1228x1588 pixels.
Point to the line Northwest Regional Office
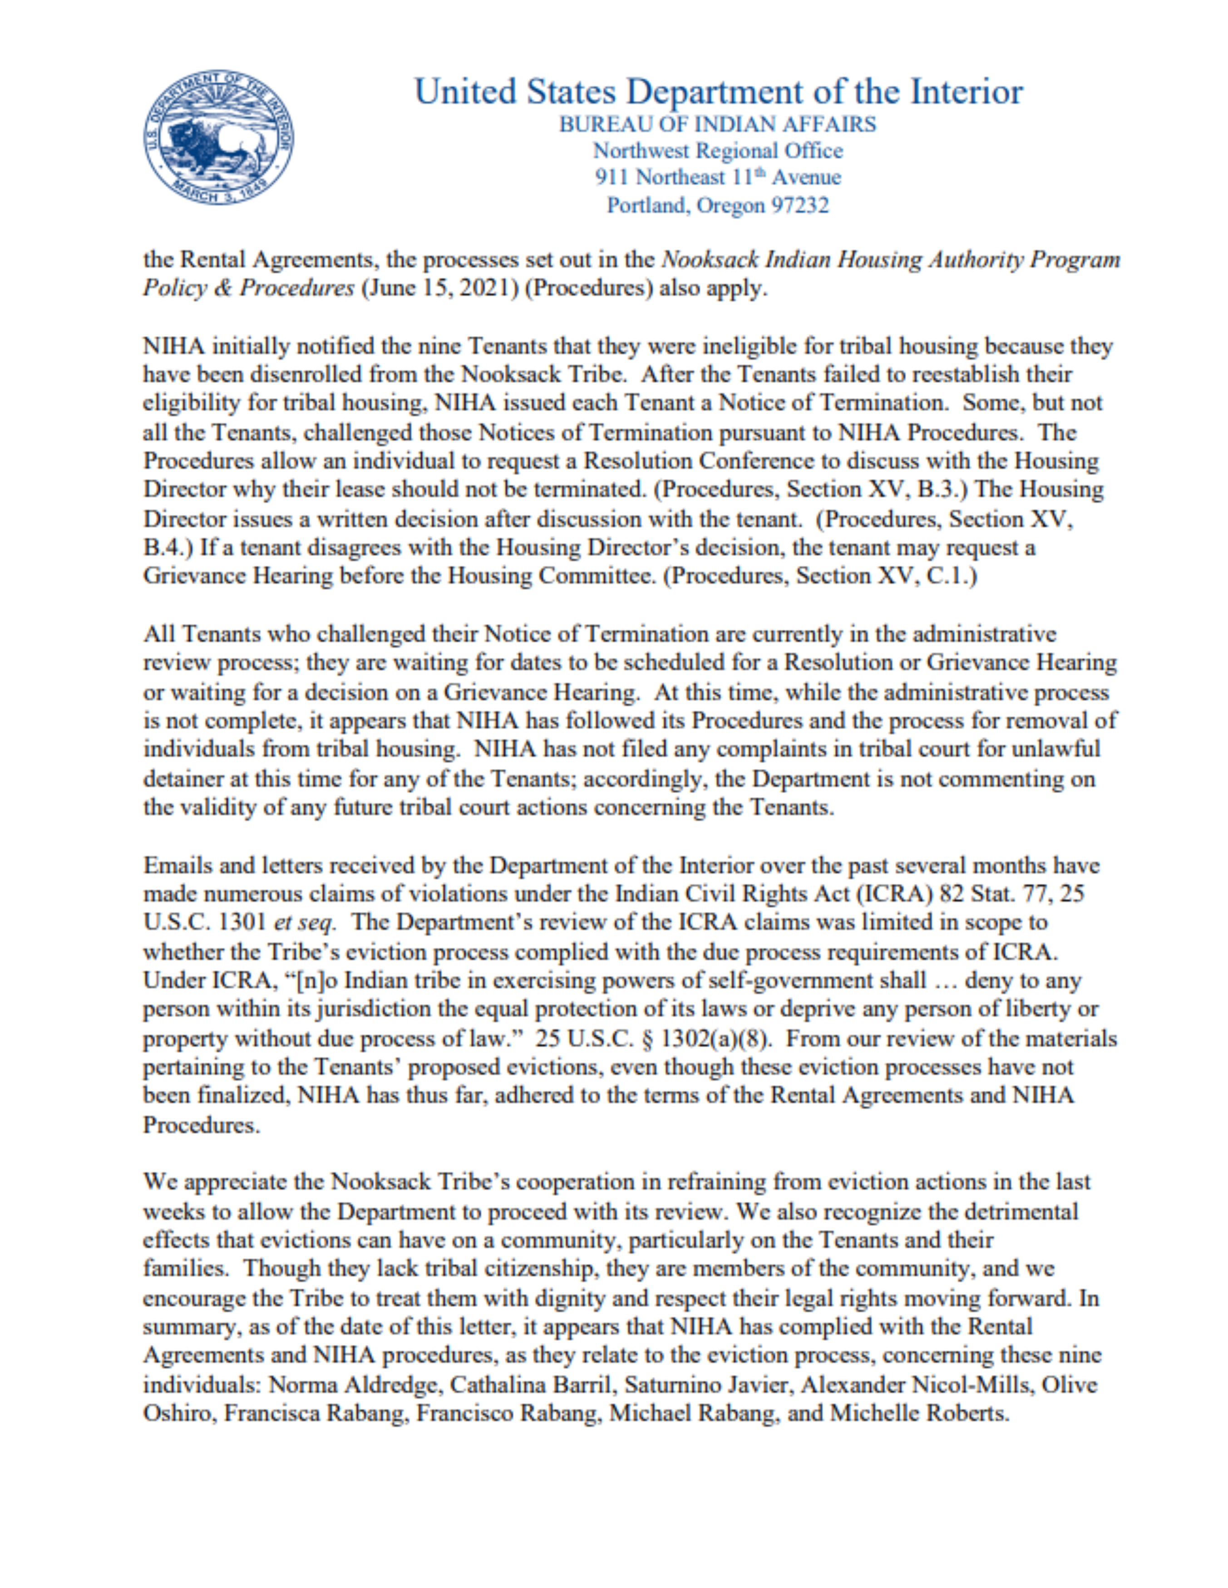pos(717,151)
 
